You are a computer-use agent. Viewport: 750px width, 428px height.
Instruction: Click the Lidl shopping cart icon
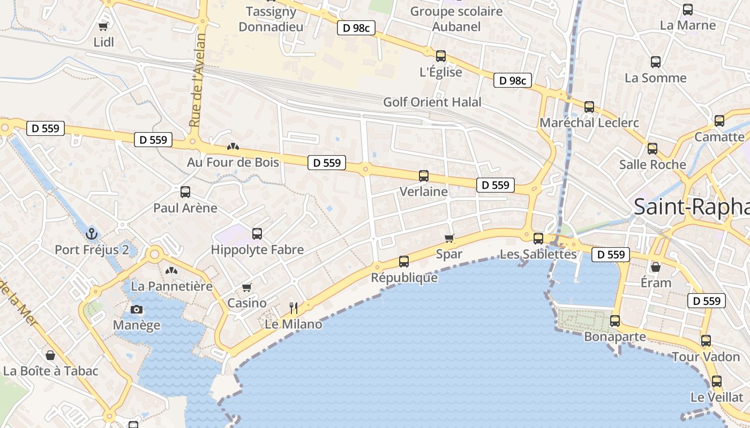[x=103, y=26]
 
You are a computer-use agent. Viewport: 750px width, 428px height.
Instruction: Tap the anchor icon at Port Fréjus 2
[x=92, y=234]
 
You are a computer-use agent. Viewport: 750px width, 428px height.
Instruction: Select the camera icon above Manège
[x=137, y=309]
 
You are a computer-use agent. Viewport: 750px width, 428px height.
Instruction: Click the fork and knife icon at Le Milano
[x=294, y=308]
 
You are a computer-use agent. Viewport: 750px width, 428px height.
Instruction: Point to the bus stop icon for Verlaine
[x=424, y=175]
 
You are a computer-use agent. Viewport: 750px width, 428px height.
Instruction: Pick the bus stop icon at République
[x=404, y=262]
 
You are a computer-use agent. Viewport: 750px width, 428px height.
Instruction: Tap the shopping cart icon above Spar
[x=449, y=238]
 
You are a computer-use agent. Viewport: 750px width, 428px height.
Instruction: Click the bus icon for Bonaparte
[x=615, y=321]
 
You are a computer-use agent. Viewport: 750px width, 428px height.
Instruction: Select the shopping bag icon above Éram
[x=656, y=266]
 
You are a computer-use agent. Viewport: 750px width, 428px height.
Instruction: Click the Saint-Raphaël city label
[x=691, y=207]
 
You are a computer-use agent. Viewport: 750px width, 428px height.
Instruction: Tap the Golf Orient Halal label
[x=432, y=102]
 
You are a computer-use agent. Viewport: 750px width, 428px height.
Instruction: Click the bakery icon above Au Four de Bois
[x=233, y=146]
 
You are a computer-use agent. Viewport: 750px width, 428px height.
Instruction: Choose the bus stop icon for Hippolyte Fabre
[x=257, y=234]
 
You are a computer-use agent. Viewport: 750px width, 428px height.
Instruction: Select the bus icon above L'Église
[x=441, y=56]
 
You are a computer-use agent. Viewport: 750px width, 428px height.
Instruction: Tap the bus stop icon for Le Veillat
[x=717, y=381]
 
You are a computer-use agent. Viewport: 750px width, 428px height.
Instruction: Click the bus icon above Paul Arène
[x=185, y=192]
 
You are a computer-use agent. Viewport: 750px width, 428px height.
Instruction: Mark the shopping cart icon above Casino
[x=247, y=288]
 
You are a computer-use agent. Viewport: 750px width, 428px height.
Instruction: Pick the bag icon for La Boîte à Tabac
[x=50, y=355]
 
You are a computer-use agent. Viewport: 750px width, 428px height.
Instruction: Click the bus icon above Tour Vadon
[x=706, y=341]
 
